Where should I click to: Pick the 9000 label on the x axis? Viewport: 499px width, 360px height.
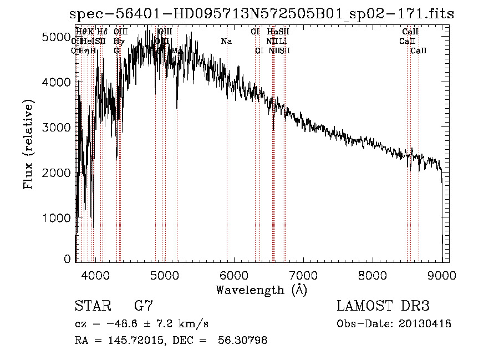point(442,276)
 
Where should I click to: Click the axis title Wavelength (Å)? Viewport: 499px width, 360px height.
point(261,290)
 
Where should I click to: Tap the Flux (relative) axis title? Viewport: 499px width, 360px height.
point(28,144)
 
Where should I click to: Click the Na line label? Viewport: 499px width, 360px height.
point(226,42)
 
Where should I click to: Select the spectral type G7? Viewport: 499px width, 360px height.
point(142,306)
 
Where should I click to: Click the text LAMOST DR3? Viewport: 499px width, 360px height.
point(383,306)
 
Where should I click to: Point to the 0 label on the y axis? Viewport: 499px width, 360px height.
point(68,259)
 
